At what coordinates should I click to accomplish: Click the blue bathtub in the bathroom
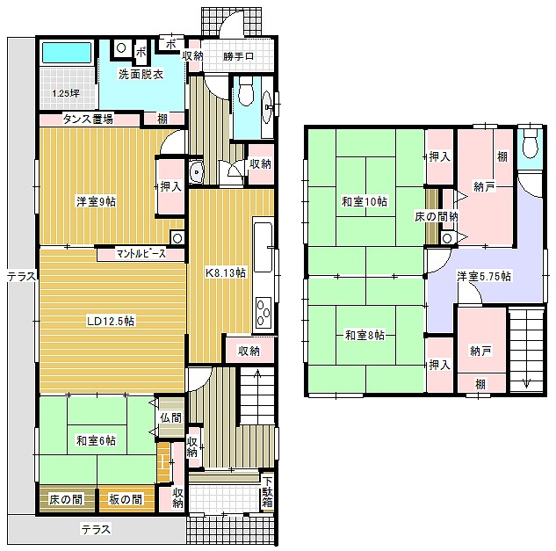67,53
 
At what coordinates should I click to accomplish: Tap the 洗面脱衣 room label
141,75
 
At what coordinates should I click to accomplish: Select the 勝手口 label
238,56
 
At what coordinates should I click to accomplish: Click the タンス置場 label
88,119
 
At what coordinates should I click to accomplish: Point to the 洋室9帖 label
96,201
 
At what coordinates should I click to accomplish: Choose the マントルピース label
141,254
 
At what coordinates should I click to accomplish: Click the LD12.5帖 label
111,321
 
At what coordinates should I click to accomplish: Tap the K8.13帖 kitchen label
226,272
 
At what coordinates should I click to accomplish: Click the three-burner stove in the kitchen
264,311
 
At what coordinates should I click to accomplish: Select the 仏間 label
171,417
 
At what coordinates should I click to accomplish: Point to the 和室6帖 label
96,440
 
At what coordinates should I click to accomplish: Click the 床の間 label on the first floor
66,499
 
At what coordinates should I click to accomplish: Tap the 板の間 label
126,499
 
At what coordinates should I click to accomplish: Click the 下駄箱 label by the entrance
268,492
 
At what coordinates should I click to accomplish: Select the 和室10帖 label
365,201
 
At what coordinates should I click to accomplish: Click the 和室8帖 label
365,335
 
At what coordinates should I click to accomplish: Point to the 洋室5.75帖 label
484,276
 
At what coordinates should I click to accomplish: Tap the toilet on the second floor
530,146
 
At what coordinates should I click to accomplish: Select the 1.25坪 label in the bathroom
66,93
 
